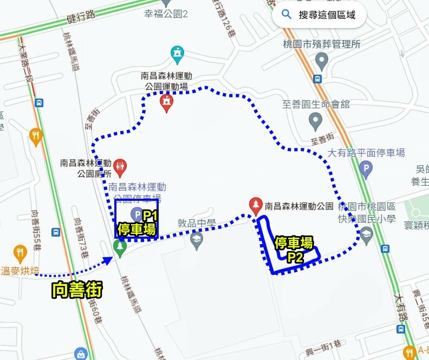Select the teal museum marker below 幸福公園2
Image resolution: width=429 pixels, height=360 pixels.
(x=177, y=54)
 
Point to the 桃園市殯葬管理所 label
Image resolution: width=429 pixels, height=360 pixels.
(x=322, y=44)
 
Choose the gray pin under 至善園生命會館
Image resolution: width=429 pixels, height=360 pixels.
(x=315, y=121)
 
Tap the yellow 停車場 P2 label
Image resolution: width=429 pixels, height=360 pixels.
(x=294, y=249)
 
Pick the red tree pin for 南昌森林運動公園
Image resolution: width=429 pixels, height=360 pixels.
(x=255, y=205)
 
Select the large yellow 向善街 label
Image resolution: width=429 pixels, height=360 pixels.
(x=77, y=291)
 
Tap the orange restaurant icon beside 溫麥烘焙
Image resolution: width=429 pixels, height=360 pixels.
(x=20, y=252)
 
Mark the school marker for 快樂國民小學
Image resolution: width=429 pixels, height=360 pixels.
(x=367, y=234)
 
